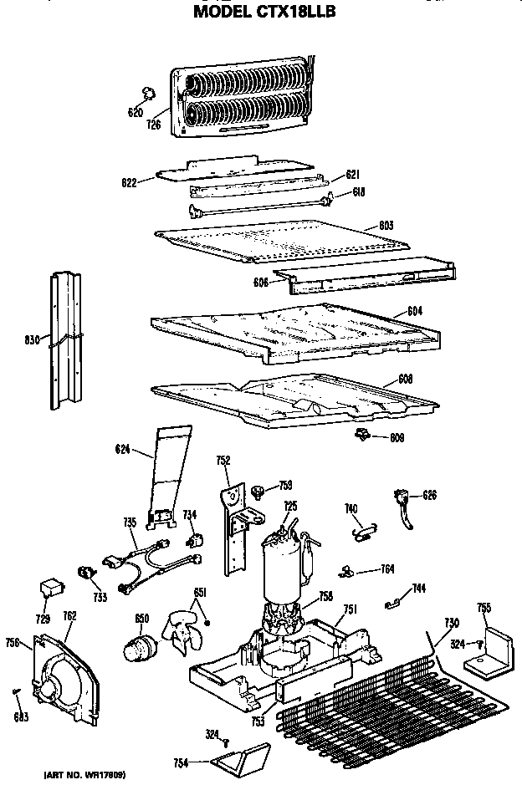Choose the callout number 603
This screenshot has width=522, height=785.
point(386,225)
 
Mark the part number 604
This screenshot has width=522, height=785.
point(414,311)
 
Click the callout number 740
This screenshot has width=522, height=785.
point(351,508)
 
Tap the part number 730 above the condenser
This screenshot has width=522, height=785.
point(452,622)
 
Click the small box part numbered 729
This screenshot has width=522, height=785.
point(52,589)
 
